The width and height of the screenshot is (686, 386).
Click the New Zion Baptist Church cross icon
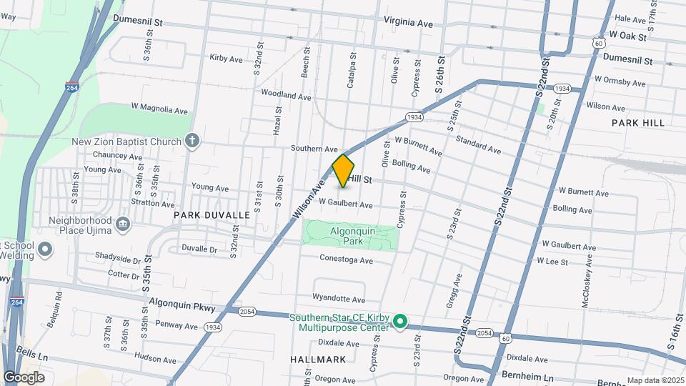click(192, 141)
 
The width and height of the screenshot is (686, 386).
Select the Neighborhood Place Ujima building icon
click(122, 225)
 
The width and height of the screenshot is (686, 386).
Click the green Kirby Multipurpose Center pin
click(401, 322)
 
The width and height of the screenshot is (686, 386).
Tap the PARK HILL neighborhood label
click(638, 123)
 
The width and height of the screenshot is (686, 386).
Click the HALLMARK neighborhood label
click(319, 359)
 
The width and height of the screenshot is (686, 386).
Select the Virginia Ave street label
click(409, 23)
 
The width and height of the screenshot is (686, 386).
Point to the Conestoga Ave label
click(347, 260)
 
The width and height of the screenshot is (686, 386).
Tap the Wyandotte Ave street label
click(339, 299)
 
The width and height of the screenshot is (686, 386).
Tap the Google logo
click(24, 377)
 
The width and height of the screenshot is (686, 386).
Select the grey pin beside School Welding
click(45, 250)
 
